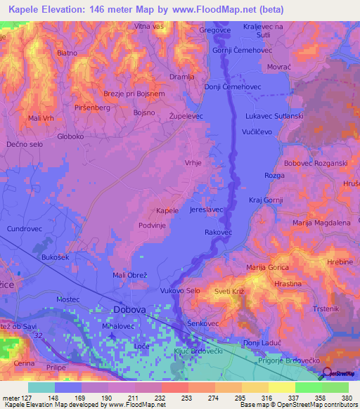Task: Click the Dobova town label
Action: [129, 310]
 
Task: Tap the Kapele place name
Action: [167, 210]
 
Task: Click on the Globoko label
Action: [71, 137]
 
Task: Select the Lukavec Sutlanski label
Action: [274, 115]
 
